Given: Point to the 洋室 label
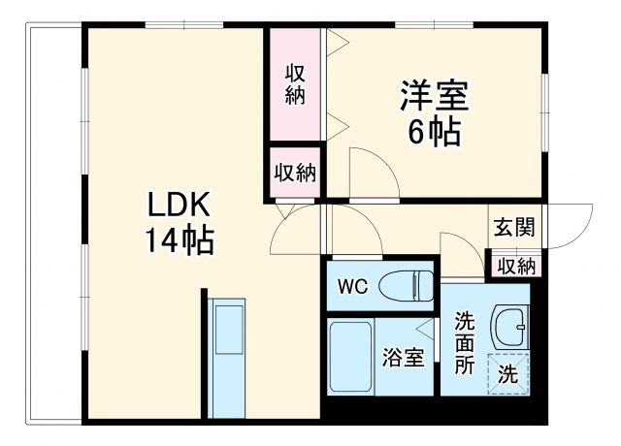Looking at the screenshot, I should tap(434, 97).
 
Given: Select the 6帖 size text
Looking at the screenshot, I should tap(434, 132).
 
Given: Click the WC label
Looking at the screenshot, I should tap(351, 286).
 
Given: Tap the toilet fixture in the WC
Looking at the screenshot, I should tap(407, 286).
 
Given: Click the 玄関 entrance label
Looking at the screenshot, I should tap(512, 227).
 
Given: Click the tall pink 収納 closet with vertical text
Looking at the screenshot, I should tap(295, 84).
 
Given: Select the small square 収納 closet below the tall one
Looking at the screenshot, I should tap(295, 174).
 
